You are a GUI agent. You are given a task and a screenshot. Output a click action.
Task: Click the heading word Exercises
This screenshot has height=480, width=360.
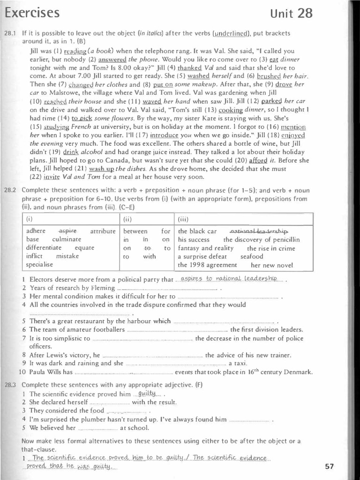pyautogui.click(x=32, y=13)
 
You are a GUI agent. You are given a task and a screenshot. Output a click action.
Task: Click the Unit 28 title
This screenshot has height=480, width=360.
pyautogui.click(x=291, y=13)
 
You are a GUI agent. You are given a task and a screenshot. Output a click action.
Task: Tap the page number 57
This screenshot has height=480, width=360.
pyautogui.click(x=329, y=466)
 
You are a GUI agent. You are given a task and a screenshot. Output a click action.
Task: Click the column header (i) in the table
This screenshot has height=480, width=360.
pyautogui.click(x=30, y=218)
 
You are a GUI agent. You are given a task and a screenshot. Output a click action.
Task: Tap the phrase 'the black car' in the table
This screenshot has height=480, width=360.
pyautogui.click(x=197, y=231)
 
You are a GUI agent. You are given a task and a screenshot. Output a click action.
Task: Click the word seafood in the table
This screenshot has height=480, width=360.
pyautogui.click(x=252, y=256)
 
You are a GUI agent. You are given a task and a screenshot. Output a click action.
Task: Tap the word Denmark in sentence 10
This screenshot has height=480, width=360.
pyautogui.click(x=296, y=372)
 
